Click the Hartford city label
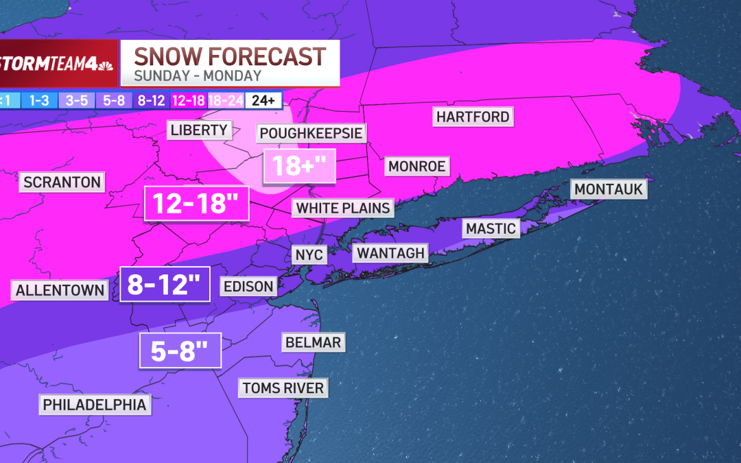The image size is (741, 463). pos(473,117)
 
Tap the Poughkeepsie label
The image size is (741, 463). pos(311,132)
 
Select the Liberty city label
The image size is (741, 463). pos(199,130)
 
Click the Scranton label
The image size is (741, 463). pos(62,182)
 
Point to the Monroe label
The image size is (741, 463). pos(417,166)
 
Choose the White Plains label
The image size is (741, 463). pos(343,208)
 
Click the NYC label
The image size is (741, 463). pos(309,254)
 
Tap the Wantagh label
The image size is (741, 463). pos(391,253)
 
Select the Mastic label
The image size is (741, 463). pos(491,228)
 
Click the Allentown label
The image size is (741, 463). pos(60,290)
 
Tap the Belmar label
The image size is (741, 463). pos(311,342)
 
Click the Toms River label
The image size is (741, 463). pos(282,388)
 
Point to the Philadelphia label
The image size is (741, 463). pos(95,405)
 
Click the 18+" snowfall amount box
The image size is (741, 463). pos(300,166)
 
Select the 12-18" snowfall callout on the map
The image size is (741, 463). pos(196,204)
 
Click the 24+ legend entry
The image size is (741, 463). pos(263,100)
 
